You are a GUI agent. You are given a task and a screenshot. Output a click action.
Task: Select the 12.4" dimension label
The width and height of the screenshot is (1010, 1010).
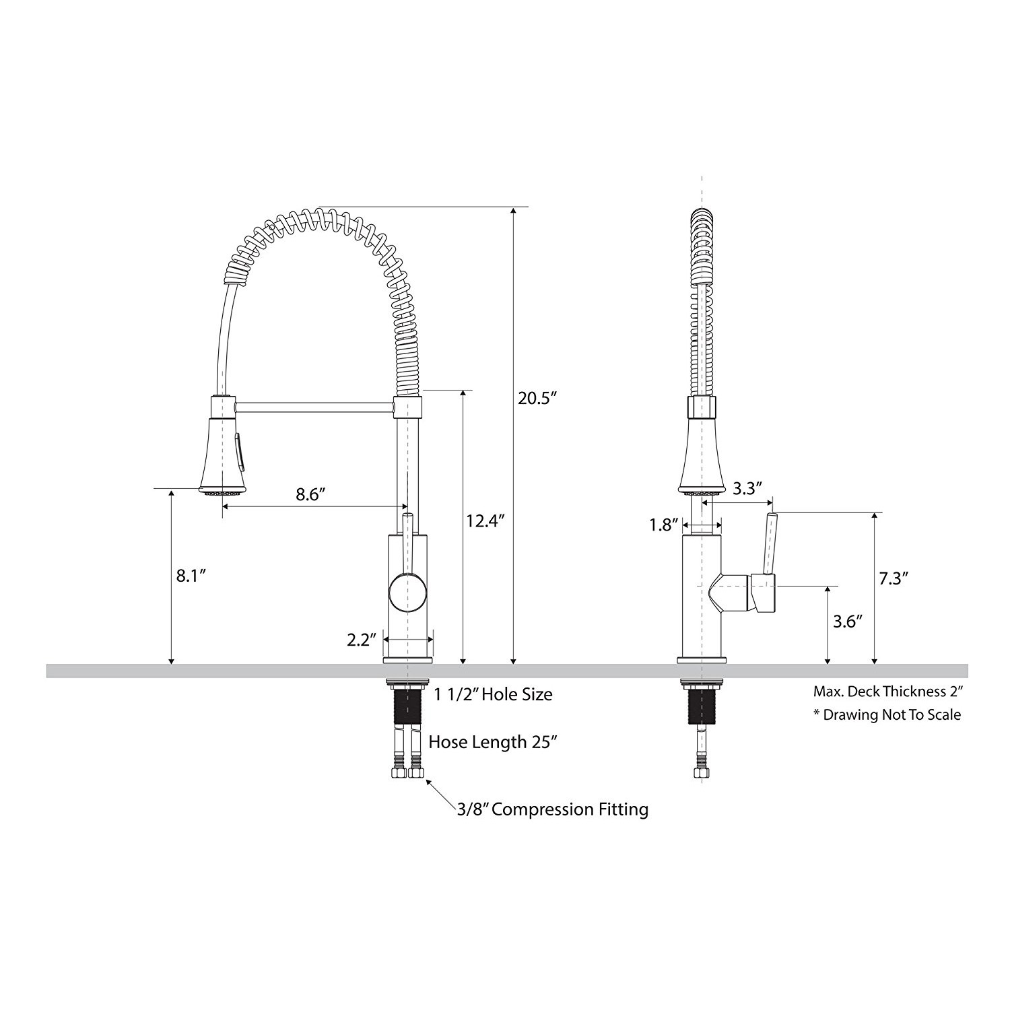point(485,520)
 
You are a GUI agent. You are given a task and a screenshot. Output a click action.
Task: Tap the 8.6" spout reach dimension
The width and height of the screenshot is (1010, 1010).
point(310,495)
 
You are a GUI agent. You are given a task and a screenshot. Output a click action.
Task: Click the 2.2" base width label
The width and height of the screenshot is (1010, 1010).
point(361,640)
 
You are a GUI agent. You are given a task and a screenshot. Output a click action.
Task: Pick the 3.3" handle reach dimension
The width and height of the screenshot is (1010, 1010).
point(745,488)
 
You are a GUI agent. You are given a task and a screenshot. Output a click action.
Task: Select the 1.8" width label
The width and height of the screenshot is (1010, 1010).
point(663,525)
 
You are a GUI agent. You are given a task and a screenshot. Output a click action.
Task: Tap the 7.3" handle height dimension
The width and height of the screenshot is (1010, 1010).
point(894,578)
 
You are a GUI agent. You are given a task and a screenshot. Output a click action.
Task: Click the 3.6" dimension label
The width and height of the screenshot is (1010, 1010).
point(848,621)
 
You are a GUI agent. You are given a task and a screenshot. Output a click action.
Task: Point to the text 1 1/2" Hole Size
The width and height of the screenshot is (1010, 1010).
point(493,694)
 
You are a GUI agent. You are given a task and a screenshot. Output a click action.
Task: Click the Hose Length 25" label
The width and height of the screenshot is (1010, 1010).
point(493,742)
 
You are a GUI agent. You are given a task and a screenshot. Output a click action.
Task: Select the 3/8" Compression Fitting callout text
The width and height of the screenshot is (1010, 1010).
point(552,809)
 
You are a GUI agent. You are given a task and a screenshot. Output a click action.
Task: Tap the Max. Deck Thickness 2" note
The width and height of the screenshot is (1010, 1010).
point(888,692)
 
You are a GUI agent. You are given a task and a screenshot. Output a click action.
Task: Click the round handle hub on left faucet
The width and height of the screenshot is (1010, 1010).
point(407,593)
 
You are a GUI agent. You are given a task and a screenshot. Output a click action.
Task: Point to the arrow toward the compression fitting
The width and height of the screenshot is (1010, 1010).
point(440,793)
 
